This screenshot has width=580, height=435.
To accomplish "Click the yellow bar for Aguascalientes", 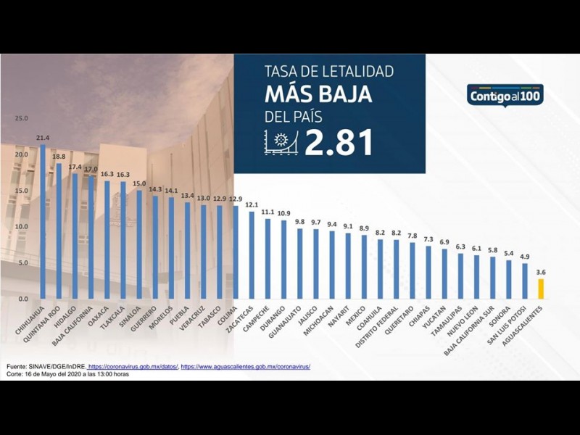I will click(540, 289).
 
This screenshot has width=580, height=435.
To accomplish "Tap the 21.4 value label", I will click(42, 138).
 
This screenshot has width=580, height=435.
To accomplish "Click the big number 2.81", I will click(339, 143).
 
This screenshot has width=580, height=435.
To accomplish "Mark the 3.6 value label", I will click(540, 273).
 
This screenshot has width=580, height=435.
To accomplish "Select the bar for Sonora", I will click(508, 280).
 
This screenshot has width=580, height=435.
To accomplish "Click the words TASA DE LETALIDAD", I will click(328, 71).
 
